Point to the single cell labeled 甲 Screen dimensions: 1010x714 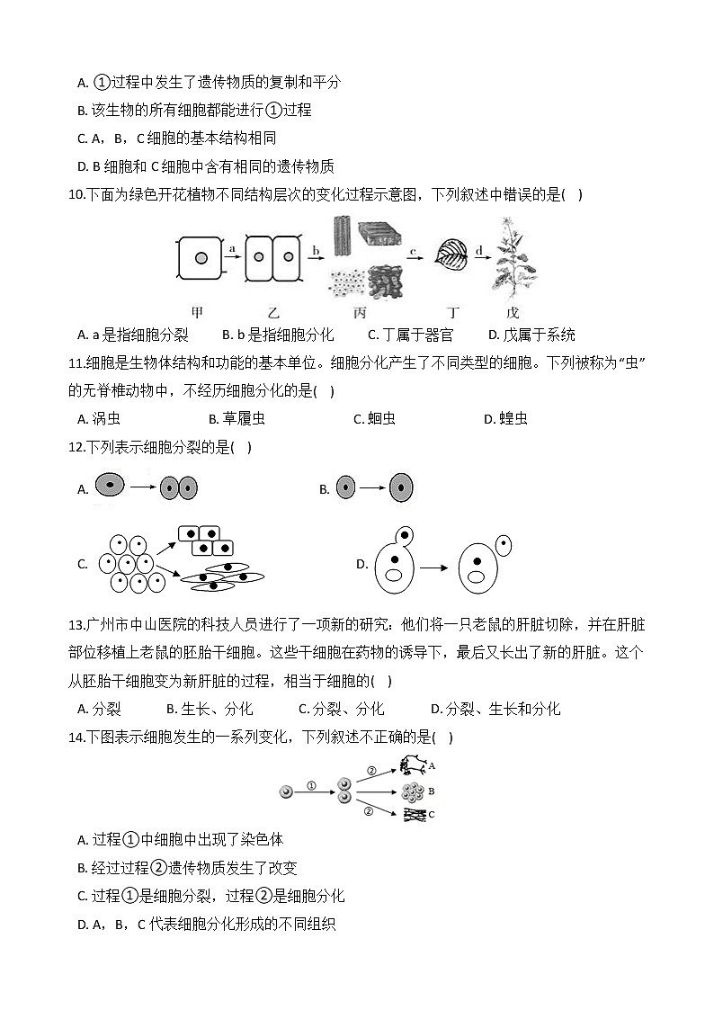[201, 259]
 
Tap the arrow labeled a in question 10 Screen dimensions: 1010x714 [233, 256]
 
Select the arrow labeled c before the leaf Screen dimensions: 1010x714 [414, 257]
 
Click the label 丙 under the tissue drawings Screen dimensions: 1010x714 [360, 312]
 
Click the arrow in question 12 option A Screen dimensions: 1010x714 [143, 488]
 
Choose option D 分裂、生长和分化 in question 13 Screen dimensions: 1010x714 [495, 709]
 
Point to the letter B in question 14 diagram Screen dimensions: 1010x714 [432, 791]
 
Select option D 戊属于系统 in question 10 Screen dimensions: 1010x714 [531, 335]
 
